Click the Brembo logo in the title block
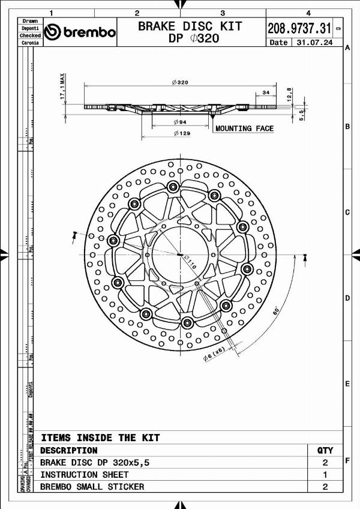[x=80, y=32]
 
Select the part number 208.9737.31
[x=299, y=27]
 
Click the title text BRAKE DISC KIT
[x=190, y=26]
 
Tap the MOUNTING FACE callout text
[x=244, y=128]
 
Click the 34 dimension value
[x=265, y=92]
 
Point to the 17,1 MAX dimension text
[x=62, y=89]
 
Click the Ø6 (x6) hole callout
[x=214, y=354]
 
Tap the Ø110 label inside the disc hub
[x=189, y=262]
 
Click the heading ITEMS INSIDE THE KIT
[x=100, y=438]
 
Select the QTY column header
[x=325, y=450]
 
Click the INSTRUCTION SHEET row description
[x=84, y=475]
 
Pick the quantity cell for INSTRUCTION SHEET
[x=325, y=475]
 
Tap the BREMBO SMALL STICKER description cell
[x=92, y=487]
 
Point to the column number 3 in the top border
[x=223, y=13]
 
